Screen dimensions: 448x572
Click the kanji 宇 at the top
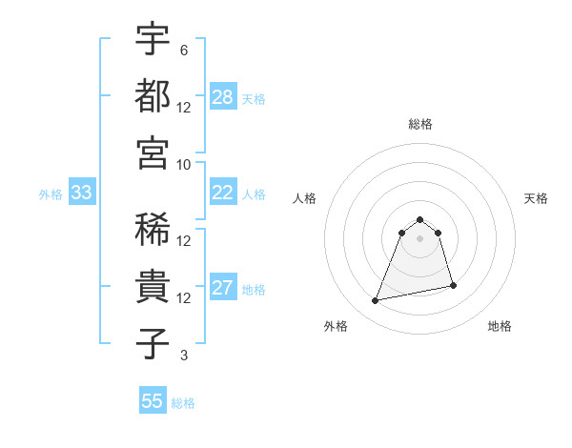(x=153, y=39)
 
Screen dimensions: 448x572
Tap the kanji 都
(x=153, y=95)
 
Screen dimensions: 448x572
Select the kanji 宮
(x=153, y=152)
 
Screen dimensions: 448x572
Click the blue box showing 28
(x=223, y=97)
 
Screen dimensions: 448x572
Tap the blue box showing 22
(x=223, y=193)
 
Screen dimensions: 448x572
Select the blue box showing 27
(x=223, y=288)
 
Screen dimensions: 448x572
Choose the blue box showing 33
(x=81, y=193)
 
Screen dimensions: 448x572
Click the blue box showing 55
(x=153, y=401)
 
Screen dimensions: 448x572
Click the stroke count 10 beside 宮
(x=184, y=164)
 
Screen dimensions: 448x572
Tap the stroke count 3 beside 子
(x=183, y=356)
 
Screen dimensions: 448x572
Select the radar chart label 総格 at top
(x=419, y=124)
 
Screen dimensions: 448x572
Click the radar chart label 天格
(x=537, y=198)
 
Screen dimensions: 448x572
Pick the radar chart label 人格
(x=305, y=198)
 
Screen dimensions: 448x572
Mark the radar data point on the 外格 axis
(x=376, y=301)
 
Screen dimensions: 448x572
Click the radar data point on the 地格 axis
(x=453, y=285)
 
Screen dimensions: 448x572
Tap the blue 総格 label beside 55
(x=183, y=402)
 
